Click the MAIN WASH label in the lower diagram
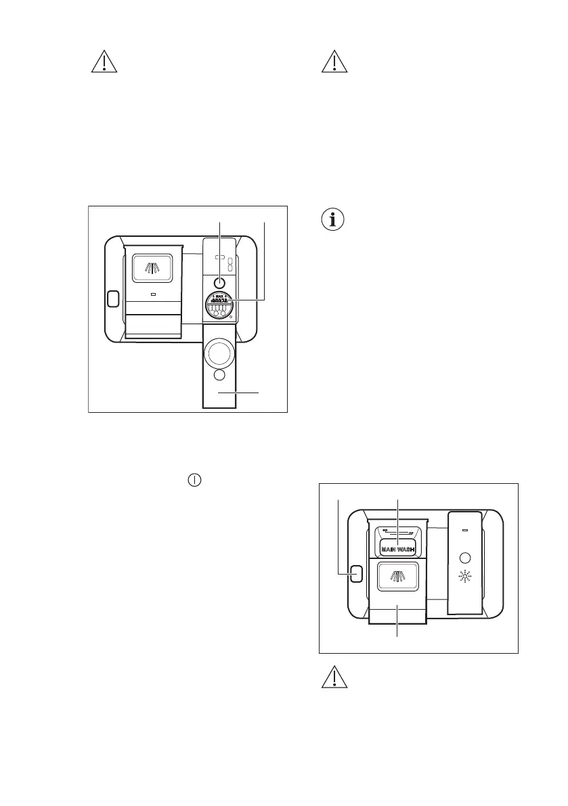(x=397, y=549)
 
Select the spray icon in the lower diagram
(x=397, y=577)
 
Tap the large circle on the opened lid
(x=219, y=353)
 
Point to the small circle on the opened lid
(x=219, y=375)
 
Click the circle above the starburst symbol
(x=464, y=558)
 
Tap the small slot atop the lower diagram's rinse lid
(x=464, y=530)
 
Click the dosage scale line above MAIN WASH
(x=397, y=533)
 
